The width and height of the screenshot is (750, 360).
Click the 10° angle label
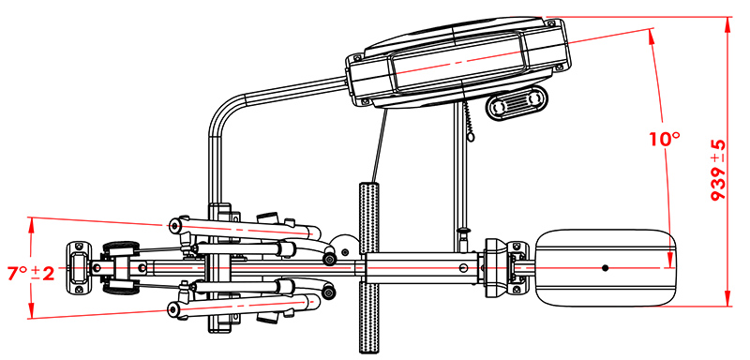[665, 139]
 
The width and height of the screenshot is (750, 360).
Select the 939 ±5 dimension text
[718, 171]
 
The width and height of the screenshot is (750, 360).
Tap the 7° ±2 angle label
[31, 274]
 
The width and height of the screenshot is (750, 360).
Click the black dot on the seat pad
[605, 268]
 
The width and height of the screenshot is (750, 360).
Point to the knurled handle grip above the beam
[368, 217]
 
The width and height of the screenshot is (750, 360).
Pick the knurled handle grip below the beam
[368, 318]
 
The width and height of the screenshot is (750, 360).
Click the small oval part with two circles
[517, 103]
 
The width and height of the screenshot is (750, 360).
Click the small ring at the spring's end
[472, 138]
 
